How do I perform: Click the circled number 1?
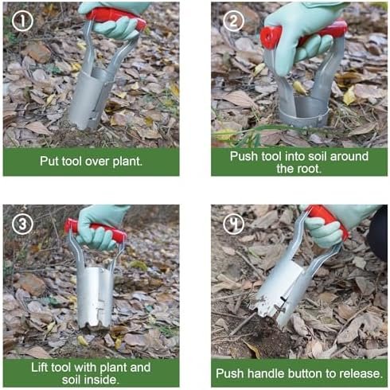[22, 21]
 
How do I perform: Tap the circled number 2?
[233, 21]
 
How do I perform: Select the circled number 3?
[22, 224]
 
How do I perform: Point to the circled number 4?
[233, 224]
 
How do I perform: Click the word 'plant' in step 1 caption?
[127, 162]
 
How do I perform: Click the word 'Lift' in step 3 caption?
[40, 367]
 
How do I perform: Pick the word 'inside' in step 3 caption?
[99, 380]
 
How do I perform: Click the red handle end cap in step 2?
[271, 37]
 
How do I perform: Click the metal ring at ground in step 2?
[304, 119]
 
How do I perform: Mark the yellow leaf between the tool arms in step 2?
[299, 88]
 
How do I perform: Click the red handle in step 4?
[329, 221]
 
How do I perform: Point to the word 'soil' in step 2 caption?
[316, 156]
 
